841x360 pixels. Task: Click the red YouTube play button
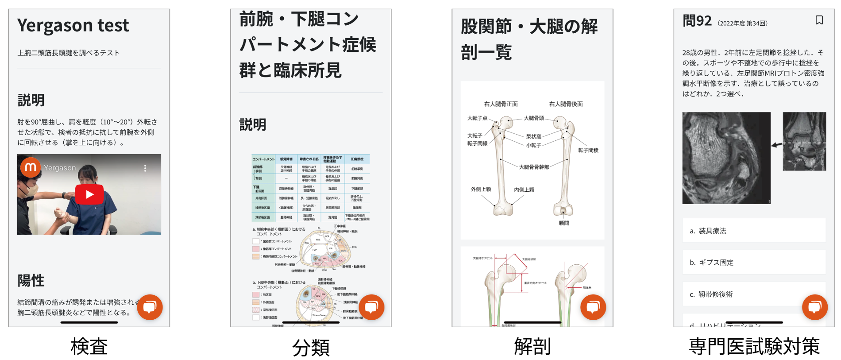(x=89, y=194)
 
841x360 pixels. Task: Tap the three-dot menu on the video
(x=145, y=168)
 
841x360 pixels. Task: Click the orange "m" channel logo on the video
(x=31, y=167)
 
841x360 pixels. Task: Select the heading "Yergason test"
(x=73, y=25)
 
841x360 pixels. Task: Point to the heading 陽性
(x=31, y=280)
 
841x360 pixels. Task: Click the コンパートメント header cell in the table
(x=263, y=159)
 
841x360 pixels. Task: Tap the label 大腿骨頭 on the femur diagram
(x=534, y=118)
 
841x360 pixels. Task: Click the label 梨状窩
(x=533, y=136)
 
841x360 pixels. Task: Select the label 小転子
(x=533, y=145)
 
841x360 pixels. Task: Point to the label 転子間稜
(x=588, y=151)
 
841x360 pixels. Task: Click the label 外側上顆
(x=481, y=189)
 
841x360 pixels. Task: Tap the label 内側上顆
(x=524, y=190)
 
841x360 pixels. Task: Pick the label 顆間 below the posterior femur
(x=564, y=223)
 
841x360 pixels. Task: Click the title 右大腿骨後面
(x=566, y=104)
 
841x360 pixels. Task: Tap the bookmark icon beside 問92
(x=819, y=20)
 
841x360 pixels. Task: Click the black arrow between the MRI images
(x=776, y=145)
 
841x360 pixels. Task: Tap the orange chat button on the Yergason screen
(x=150, y=307)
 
